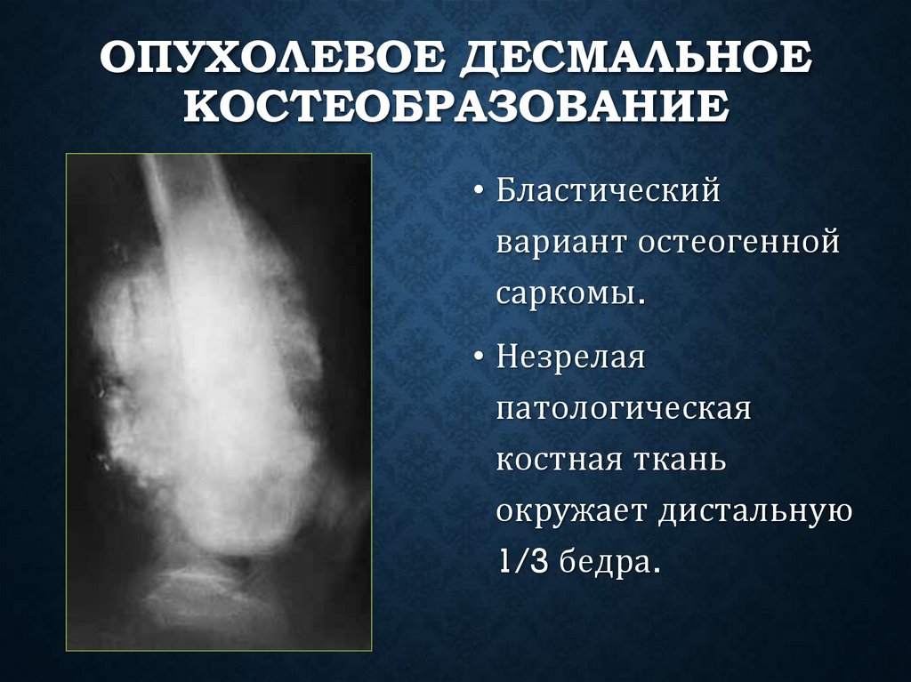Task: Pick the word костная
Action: click(x=557, y=461)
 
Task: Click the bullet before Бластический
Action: click(x=480, y=192)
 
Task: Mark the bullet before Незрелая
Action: click(x=480, y=361)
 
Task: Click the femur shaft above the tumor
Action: click(x=187, y=191)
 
